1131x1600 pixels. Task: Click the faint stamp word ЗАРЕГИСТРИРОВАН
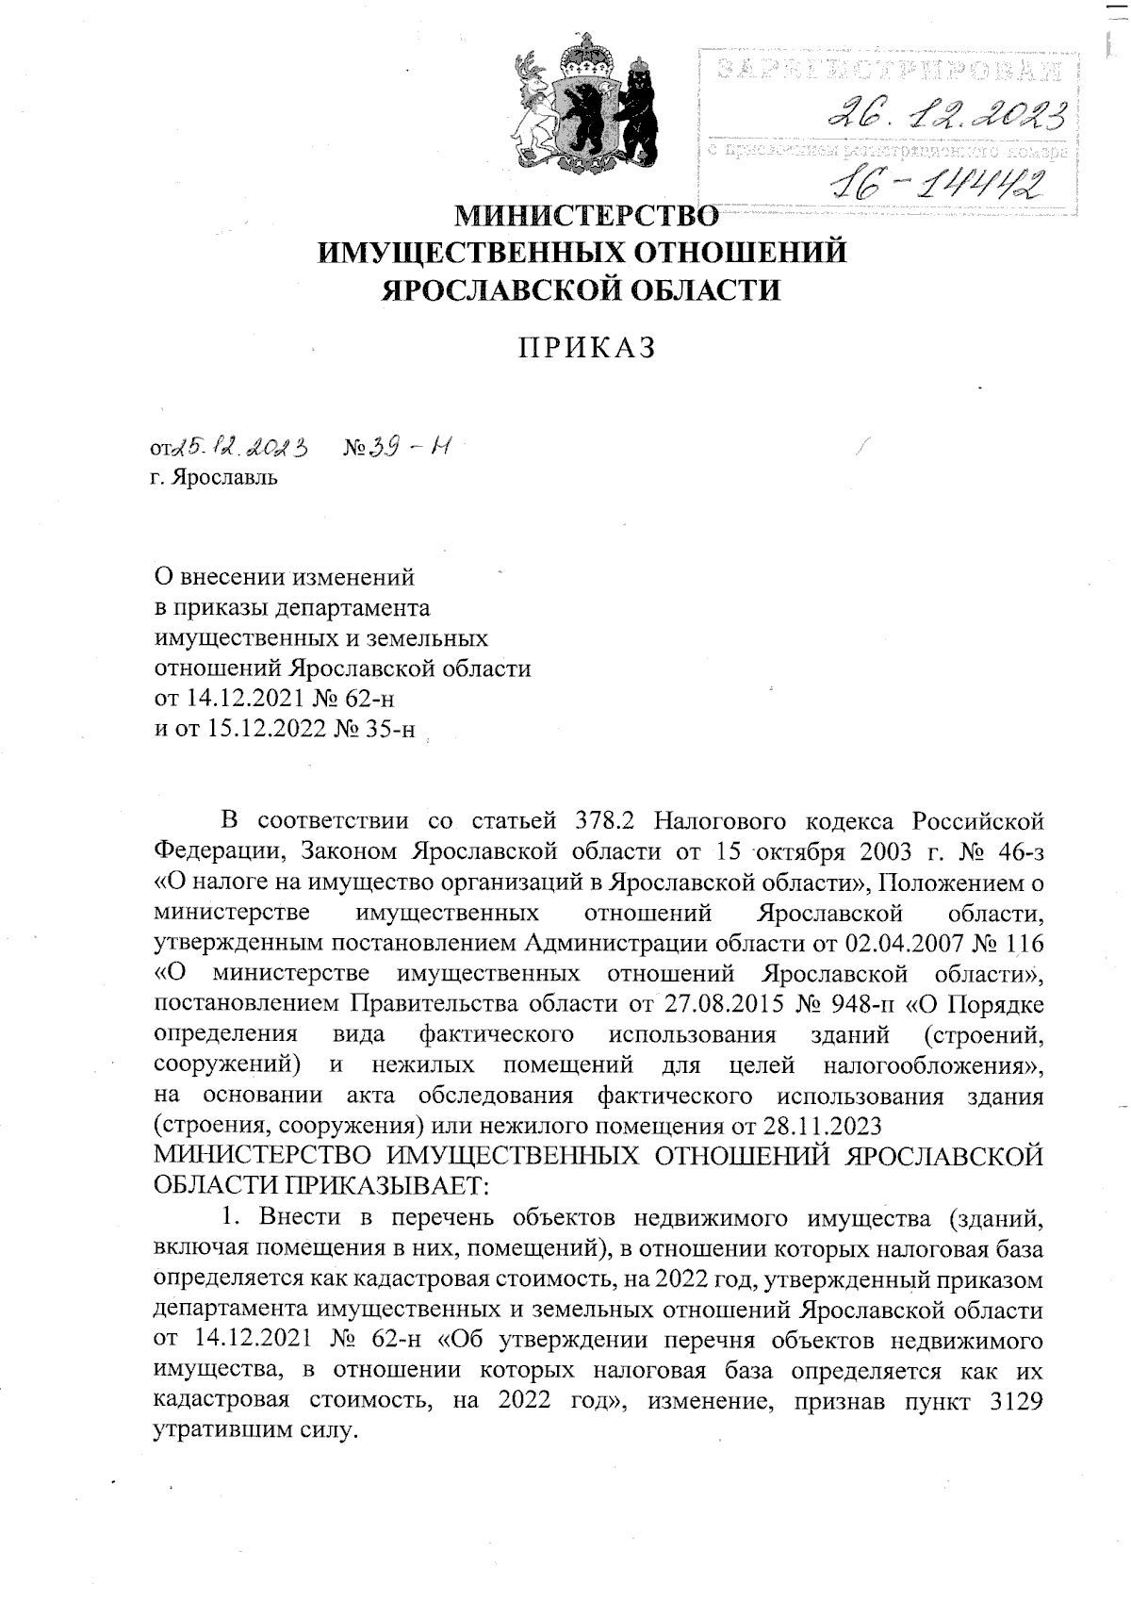tap(887, 69)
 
